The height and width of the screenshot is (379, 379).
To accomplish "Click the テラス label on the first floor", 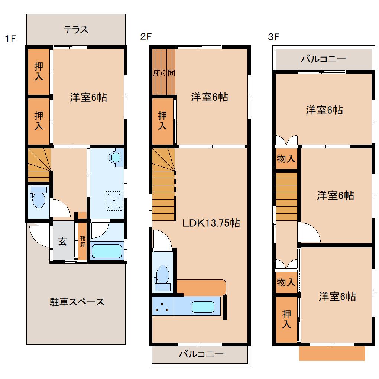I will [76, 30].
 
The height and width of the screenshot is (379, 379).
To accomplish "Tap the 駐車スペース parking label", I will [77, 302].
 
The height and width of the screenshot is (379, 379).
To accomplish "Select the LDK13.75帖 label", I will [211, 223].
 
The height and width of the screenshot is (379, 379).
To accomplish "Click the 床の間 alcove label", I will [164, 73].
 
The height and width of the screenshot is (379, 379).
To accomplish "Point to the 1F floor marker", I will [10, 38].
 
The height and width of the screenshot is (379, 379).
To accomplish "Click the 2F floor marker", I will [146, 36].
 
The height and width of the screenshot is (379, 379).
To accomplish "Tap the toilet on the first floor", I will [38, 199].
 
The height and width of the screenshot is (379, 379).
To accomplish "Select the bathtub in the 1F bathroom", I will [107, 251].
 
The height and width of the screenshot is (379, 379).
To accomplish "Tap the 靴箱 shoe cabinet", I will [82, 242].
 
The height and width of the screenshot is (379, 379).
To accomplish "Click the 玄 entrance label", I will [62, 242].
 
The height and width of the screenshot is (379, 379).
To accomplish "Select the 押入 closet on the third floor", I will [286, 319].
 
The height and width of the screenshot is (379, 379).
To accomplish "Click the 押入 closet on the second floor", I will [162, 121].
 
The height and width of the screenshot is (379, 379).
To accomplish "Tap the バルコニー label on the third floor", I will [323, 59].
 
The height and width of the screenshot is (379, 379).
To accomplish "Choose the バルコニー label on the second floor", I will [201, 354].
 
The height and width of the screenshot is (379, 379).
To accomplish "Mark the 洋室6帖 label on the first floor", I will [88, 97].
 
